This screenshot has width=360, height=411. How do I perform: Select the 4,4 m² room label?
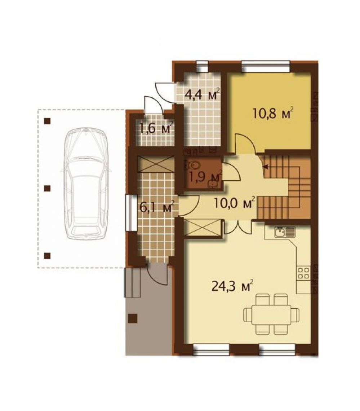click(202, 95)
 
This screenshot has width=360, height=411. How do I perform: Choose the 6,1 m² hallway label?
click(157, 208)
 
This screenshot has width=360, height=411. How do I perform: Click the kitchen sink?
click(285, 232)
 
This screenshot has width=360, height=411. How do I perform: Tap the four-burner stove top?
click(303, 273)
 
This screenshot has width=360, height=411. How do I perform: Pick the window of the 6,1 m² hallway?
click(128, 213)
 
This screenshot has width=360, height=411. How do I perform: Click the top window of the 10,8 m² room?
click(266, 66)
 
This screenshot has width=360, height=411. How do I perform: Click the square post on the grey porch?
click(133, 318)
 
